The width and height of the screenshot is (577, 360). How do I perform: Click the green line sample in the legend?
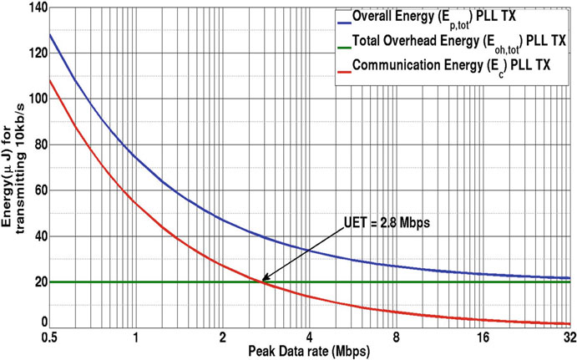pos(331,39)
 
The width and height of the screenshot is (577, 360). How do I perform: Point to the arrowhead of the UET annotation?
pos(263,281)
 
